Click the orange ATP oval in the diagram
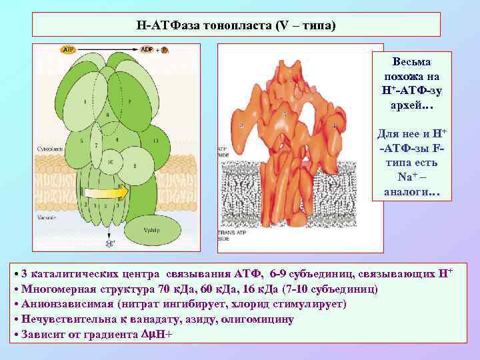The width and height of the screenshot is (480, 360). [x=68, y=49]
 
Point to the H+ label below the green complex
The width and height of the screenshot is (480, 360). [x=109, y=243]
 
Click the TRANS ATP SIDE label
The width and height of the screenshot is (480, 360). [x=226, y=234]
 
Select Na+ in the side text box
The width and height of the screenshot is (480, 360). [x=406, y=179]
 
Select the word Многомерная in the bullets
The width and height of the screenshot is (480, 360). [x=56, y=289]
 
